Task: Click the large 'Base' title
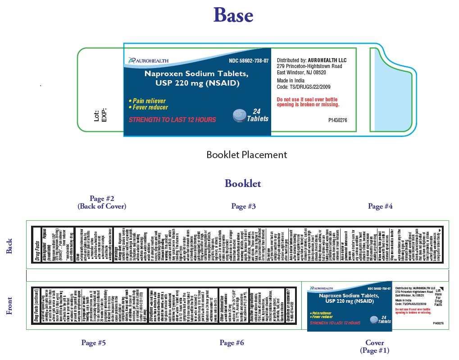pos(233,16)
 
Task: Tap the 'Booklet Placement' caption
pos(246,155)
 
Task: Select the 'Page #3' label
pos(244,206)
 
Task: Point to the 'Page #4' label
pos(380,206)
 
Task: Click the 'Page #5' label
pos(94,343)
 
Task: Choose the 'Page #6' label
pos(232,343)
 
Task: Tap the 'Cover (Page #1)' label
pos(374,346)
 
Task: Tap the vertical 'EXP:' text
pos(104,115)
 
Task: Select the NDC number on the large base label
pos(249,60)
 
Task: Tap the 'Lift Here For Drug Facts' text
pos(438,298)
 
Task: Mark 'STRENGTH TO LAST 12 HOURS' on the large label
pos(173,120)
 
